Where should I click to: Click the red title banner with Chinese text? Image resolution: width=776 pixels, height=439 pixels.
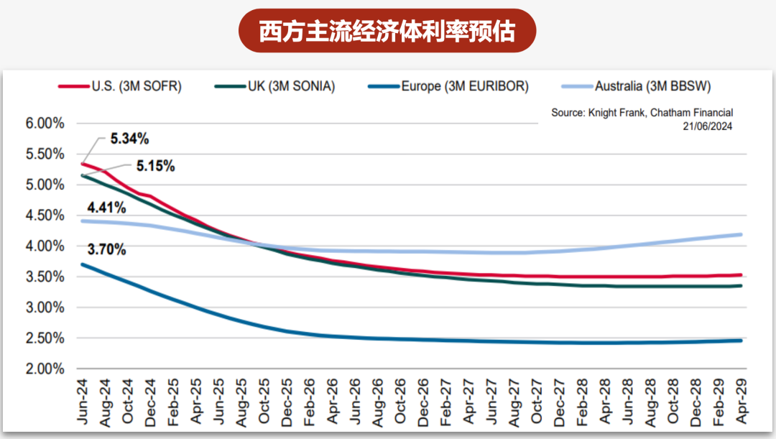[x=387, y=31]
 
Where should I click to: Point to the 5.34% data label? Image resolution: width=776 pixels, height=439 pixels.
[x=129, y=138]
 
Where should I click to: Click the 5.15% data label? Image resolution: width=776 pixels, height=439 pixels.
[x=155, y=166]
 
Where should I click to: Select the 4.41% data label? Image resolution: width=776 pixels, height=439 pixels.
[x=107, y=208]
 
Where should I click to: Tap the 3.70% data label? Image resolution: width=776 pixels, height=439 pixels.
[x=107, y=250]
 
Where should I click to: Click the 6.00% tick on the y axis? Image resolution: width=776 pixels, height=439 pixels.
[x=45, y=124]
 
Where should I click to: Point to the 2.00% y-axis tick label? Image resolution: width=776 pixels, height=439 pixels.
[x=45, y=369]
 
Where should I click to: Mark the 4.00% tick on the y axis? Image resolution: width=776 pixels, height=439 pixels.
[x=45, y=246]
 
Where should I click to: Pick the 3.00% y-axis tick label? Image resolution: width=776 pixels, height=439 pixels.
[x=45, y=308]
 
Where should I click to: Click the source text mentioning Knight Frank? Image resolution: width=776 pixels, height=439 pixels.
[x=642, y=113]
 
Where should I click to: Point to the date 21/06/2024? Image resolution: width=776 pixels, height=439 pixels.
[x=707, y=126]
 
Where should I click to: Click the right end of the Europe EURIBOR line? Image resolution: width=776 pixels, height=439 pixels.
[x=740, y=341]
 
